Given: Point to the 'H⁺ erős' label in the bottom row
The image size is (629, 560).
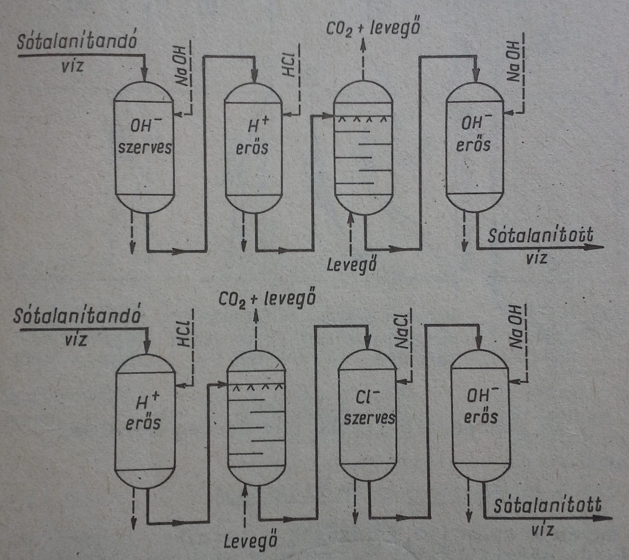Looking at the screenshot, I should click(143, 412).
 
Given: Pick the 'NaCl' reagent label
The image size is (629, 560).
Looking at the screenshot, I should click(402, 332).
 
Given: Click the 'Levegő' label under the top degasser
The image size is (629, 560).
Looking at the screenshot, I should click(352, 265).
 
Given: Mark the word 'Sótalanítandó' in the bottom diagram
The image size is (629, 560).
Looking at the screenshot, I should click(77, 317).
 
